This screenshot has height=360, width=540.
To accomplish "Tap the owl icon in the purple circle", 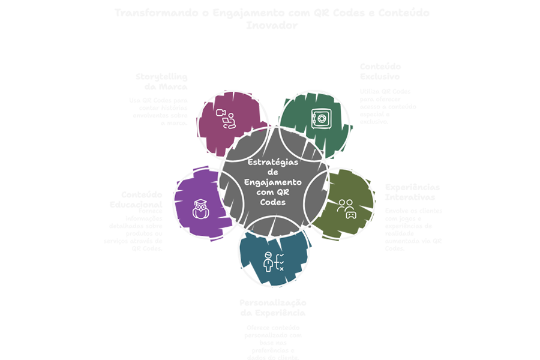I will (200, 209).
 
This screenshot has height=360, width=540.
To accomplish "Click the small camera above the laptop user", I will (220, 112).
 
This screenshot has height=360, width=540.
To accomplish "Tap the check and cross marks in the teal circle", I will (279, 262).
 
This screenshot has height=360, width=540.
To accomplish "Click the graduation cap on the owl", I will (200, 202).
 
